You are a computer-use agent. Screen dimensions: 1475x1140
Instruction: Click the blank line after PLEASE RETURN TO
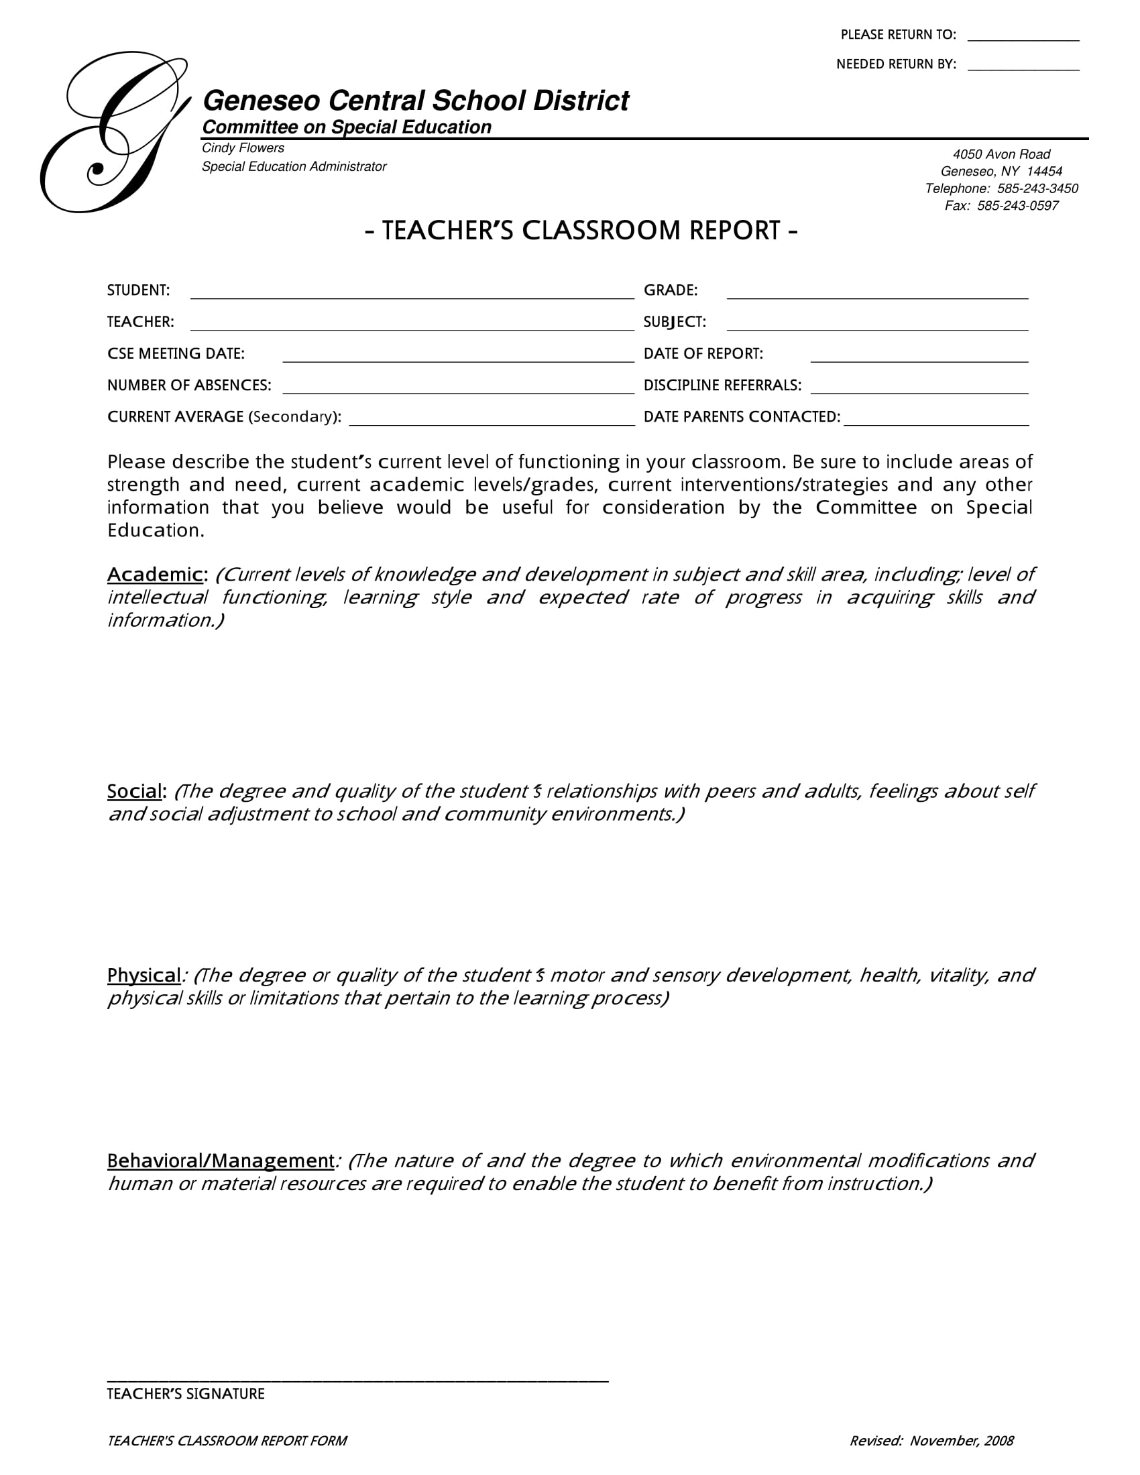[1023, 39]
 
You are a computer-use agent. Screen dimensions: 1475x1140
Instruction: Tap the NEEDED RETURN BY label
[895, 64]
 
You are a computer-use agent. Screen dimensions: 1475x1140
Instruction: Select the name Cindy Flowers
[243, 148]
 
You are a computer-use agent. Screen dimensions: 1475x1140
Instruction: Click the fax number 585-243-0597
[1017, 206]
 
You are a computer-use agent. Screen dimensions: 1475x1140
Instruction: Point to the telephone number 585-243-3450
[1037, 188]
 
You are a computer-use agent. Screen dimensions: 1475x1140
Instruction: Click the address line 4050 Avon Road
[1001, 154]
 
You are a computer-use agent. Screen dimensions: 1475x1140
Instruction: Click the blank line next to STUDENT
[411, 296]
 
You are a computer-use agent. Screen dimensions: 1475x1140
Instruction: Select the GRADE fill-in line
[876, 296]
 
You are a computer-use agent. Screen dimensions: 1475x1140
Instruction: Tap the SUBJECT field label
[674, 322]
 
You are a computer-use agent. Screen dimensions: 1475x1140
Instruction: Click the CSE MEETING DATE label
[176, 354]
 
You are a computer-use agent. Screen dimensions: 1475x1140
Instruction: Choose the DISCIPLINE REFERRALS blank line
[919, 391]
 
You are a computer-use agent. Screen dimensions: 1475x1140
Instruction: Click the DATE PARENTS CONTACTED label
[742, 418]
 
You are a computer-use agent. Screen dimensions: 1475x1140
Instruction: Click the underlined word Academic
[155, 575]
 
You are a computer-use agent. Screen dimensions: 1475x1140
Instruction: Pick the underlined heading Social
[134, 792]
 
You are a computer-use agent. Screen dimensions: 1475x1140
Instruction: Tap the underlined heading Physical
[144, 976]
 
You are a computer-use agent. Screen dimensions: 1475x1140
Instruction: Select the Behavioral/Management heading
[220, 1161]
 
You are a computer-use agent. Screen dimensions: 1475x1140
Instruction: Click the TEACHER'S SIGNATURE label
[186, 1394]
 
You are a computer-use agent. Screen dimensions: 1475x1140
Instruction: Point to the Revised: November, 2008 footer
[931, 1441]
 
